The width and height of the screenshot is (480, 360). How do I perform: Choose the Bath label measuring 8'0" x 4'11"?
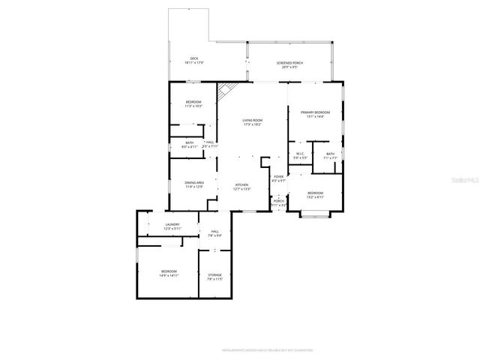point(189,145)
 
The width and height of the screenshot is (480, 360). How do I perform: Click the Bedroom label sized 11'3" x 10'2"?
point(193,104)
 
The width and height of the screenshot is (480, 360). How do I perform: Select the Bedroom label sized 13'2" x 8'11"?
point(315,195)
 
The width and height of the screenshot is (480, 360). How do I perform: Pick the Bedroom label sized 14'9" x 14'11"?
point(168,273)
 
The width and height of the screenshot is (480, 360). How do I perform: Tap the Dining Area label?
point(193,184)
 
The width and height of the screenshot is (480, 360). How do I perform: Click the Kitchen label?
point(242,187)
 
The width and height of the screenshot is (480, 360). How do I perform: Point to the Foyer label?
point(278,178)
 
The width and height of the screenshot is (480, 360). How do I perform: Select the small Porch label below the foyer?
point(278,202)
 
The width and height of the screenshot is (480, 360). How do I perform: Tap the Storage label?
point(214,277)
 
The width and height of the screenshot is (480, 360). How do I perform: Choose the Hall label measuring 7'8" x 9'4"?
point(214,233)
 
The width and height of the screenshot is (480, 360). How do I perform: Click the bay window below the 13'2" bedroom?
point(315,216)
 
